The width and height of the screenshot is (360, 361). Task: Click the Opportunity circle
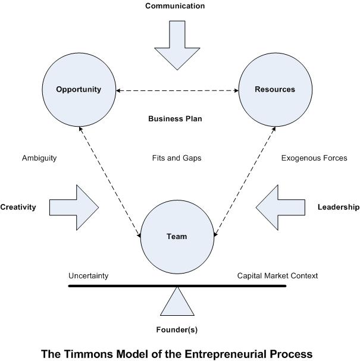79,90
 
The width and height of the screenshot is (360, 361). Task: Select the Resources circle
275,90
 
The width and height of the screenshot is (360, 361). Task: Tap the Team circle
177,236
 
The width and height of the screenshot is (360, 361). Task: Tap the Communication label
175,6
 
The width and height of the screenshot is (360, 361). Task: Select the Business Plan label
175,119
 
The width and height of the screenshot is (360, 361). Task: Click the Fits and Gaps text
177,158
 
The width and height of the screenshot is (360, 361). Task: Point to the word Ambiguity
39,158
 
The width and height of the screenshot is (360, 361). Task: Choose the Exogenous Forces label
314,158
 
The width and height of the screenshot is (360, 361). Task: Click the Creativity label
18,208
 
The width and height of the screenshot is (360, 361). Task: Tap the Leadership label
338,208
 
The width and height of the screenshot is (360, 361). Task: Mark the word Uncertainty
88,276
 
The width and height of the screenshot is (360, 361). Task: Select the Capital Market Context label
277,276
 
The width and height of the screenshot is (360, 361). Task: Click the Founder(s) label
177,329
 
